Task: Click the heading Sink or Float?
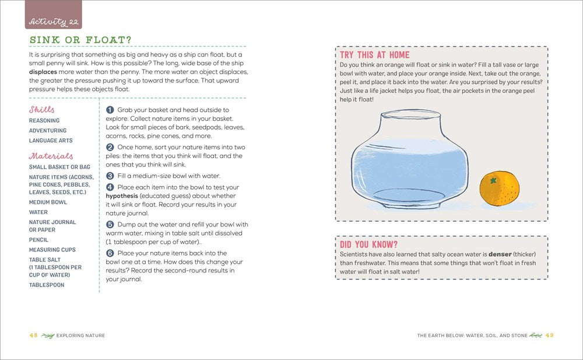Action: [x=80, y=40]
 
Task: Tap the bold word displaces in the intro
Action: [x=43, y=72]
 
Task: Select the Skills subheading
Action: [x=41, y=110]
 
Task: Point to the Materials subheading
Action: [x=51, y=156]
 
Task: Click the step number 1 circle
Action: [x=110, y=110]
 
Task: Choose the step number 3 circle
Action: [x=110, y=176]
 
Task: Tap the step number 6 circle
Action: [x=110, y=253]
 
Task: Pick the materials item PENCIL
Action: [x=39, y=240]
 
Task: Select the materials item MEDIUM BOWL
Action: [x=48, y=202]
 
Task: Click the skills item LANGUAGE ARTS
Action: [x=51, y=141]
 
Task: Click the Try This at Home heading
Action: [x=375, y=55]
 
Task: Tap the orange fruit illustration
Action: [x=500, y=190]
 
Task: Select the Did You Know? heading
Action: [x=368, y=244]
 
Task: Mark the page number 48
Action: [x=34, y=335]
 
